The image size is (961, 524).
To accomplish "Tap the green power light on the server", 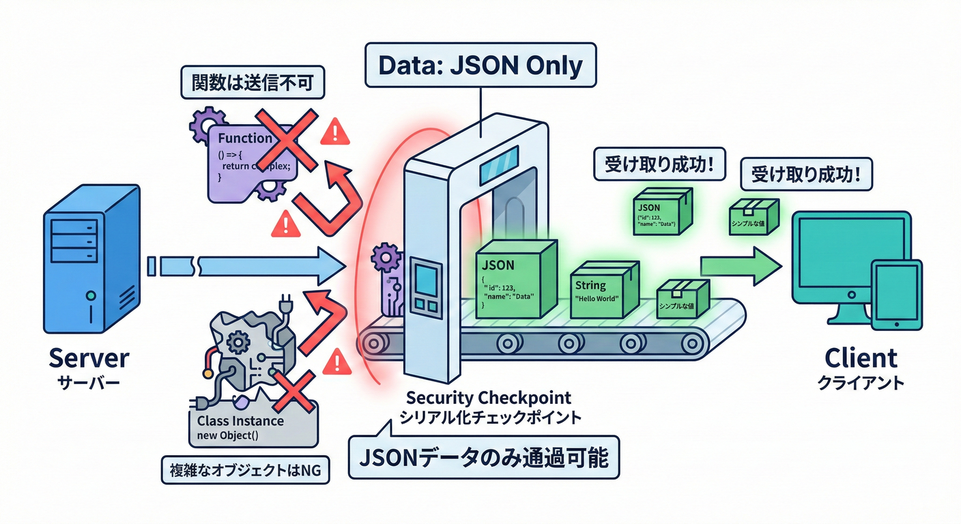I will (90, 296).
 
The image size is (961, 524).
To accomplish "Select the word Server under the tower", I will (88, 359).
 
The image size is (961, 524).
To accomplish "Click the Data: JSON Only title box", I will (480, 66).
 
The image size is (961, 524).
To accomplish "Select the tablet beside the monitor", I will (897, 290).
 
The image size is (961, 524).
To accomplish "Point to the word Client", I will (860, 358).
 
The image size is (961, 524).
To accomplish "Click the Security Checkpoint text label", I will (489, 397).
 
